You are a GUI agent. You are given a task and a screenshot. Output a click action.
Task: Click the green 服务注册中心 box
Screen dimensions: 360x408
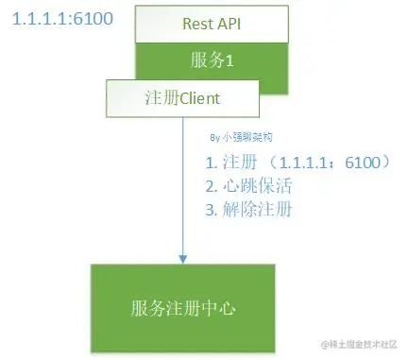point(182,307)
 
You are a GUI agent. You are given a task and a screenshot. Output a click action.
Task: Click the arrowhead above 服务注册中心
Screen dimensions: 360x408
point(181,257)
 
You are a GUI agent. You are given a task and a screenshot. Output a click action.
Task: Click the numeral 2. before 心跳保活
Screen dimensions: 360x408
point(211,185)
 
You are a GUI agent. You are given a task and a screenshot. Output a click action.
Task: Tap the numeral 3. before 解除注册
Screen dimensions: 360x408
point(211,209)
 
